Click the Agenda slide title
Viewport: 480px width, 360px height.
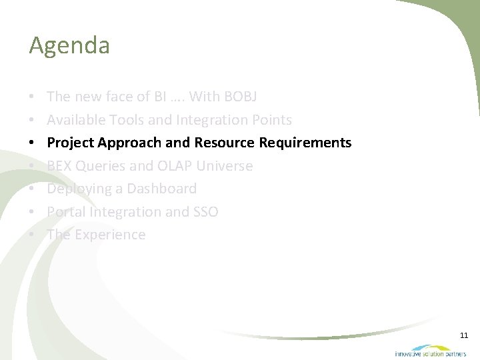69,46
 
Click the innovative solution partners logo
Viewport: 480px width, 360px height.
430,351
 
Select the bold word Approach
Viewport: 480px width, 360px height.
130,143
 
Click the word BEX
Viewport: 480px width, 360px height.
59,166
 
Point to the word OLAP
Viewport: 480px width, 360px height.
175,166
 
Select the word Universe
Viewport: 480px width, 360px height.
225,166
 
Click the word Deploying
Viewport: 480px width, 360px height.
75,189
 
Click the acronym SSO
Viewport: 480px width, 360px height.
205,212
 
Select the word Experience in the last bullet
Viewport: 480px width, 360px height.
110,235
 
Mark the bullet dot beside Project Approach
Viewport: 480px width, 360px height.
33,143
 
